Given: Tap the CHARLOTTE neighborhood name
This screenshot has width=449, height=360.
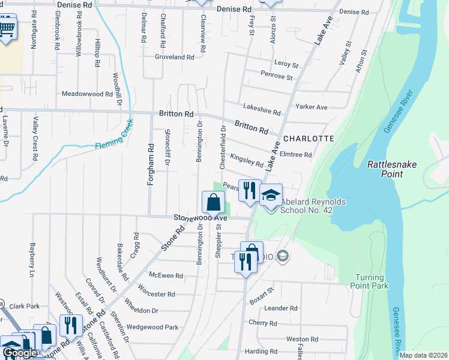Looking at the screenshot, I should point(309,138).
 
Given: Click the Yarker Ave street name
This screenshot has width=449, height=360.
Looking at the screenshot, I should point(312,107).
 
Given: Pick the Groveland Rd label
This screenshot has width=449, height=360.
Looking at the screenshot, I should point(175,58).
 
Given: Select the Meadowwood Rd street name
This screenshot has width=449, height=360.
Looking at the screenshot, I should point(88,94).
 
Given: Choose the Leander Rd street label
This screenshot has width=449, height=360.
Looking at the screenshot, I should point(281,308).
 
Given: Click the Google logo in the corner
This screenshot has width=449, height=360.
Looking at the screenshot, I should point(20,353).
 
